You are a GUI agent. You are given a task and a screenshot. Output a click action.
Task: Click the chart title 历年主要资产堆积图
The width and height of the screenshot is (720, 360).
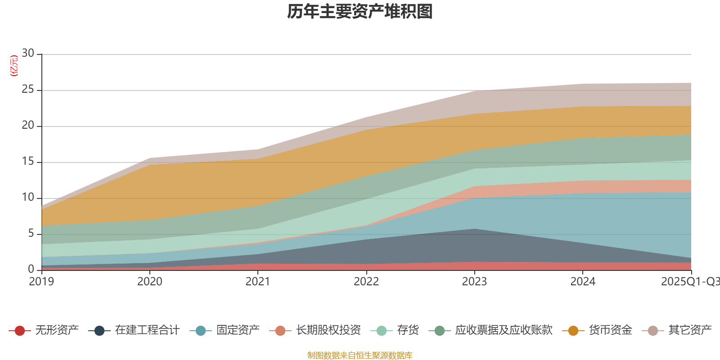(x=360, y=12)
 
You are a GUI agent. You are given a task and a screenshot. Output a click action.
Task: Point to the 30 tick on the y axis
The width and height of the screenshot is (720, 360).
(x=28, y=54)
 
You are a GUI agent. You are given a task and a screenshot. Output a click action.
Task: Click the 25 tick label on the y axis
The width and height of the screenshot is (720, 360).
(x=28, y=90)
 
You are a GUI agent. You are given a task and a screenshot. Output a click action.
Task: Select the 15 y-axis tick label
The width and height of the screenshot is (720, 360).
(x=28, y=162)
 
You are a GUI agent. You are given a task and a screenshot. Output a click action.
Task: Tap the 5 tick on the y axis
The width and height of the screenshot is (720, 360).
(x=31, y=234)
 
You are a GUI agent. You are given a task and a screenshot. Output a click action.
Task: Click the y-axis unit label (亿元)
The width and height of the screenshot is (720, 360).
(x=14, y=66)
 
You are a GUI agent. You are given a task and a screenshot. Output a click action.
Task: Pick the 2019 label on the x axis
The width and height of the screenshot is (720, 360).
(x=41, y=282)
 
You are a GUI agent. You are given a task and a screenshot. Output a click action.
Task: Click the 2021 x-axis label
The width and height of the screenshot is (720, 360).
(x=258, y=282)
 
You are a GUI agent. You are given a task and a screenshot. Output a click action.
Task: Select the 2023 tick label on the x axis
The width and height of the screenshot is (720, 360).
(x=474, y=282)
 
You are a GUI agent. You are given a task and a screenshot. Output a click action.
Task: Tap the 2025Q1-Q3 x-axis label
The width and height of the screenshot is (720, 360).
(x=690, y=282)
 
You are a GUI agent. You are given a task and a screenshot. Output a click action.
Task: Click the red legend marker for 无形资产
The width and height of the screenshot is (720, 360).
(x=19, y=331)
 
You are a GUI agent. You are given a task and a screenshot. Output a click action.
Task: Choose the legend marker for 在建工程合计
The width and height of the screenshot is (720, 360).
(x=99, y=331)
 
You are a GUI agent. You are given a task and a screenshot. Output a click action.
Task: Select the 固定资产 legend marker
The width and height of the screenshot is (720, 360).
(x=201, y=331)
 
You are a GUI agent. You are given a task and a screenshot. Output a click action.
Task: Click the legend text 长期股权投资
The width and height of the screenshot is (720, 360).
(x=328, y=330)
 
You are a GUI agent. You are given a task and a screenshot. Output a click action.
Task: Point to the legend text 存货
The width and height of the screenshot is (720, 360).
(x=408, y=330)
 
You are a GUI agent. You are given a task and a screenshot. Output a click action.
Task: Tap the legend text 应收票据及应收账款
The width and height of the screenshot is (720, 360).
(x=504, y=330)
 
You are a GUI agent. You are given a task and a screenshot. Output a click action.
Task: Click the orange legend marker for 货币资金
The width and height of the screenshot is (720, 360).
(x=573, y=331)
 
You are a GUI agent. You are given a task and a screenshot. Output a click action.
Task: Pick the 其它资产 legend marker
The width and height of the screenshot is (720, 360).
(x=652, y=331)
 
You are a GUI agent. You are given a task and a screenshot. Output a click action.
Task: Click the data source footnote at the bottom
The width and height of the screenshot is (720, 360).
(x=360, y=355)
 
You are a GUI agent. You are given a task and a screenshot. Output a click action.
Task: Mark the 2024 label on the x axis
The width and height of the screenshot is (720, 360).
(x=583, y=282)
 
